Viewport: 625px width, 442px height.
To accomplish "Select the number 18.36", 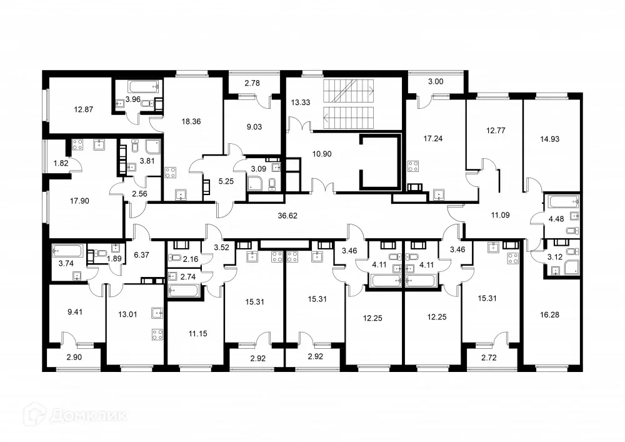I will click(189, 123).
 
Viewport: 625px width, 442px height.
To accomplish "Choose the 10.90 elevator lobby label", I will click(321, 153).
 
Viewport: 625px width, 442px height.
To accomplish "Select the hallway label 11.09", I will click(500, 214).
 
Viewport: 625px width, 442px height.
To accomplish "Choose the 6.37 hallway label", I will click(142, 254).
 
